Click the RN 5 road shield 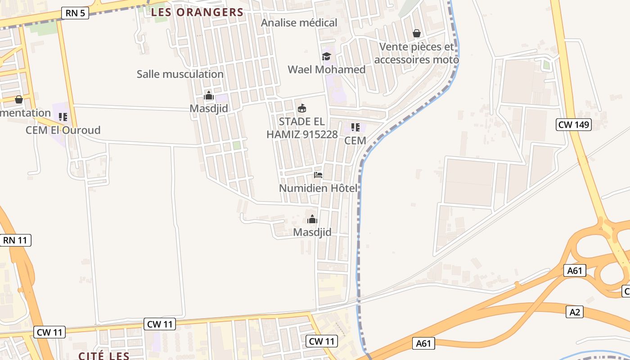point(75,13)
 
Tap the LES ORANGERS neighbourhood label point(197,12)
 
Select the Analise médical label point(299,22)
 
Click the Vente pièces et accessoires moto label point(416,53)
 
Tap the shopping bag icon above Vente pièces point(417,33)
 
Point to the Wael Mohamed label point(326,70)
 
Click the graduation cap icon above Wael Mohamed point(326,56)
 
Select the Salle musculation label point(180,74)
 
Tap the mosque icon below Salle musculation point(208,95)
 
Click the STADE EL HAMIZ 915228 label point(302,128)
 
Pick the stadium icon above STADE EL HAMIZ point(302,108)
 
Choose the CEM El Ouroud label point(63,130)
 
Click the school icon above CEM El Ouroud point(63,117)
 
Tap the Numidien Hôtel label point(318,188)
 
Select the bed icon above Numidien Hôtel point(318,175)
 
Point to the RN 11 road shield point(15,240)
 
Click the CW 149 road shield point(574,125)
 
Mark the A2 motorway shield point(575,312)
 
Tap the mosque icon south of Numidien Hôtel point(312,220)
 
